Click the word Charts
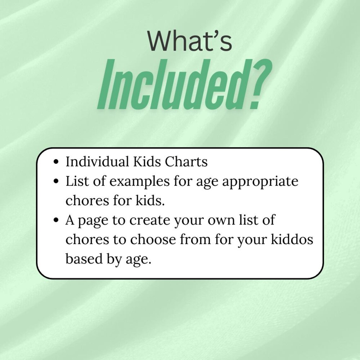186,162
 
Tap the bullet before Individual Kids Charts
56,162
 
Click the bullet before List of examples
56,182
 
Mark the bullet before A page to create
56,220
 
